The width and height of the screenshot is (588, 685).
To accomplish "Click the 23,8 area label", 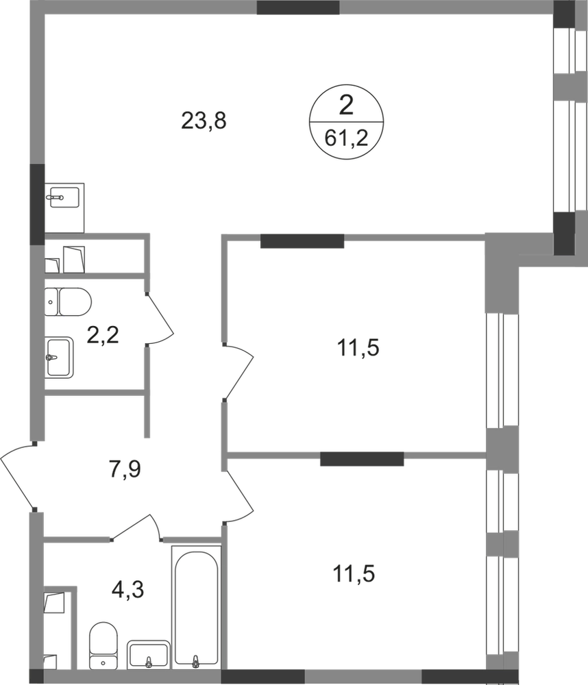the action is pyautogui.click(x=204, y=121).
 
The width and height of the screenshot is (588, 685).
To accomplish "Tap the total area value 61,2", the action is pyautogui.click(x=346, y=139).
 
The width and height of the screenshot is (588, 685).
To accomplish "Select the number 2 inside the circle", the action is pyautogui.click(x=346, y=105).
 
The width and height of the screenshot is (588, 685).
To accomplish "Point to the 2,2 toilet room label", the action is pyautogui.click(x=103, y=335).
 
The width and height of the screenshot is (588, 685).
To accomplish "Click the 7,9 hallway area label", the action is pyautogui.click(x=125, y=470).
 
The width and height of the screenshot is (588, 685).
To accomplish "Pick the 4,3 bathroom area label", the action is pyautogui.click(x=128, y=590).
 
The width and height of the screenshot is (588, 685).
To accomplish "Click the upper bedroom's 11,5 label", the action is pyautogui.click(x=358, y=348).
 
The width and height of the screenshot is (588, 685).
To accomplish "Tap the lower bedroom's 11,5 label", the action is pyautogui.click(x=354, y=573).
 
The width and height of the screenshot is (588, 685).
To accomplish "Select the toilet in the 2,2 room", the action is pyautogui.click(x=68, y=301).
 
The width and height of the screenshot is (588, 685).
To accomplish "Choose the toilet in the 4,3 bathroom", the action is pyautogui.click(x=103, y=645).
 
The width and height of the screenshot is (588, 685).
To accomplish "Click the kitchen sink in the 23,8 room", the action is pyautogui.click(x=62, y=197).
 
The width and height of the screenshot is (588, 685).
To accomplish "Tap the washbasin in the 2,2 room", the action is pyautogui.click(x=58, y=358).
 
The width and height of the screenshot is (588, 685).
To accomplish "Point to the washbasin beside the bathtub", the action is pyautogui.click(x=148, y=654).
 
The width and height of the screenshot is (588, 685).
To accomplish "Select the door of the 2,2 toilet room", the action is pyautogui.click(x=160, y=318).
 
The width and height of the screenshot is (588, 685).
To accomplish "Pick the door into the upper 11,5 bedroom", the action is pyautogui.click(x=238, y=371).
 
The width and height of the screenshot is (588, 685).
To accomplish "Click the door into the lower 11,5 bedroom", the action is pyautogui.click(x=238, y=496).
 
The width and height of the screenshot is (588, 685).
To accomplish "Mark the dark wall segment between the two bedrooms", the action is pyautogui.click(x=362, y=459).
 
